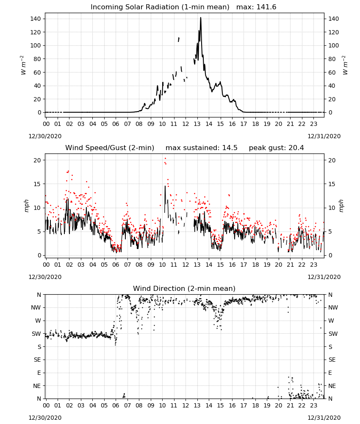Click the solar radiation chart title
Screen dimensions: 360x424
[x=183, y=7]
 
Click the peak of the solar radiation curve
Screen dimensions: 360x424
[x=201, y=18]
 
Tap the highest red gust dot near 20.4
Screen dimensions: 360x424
[x=165, y=159]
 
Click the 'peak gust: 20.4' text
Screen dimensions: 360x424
[x=276, y=148]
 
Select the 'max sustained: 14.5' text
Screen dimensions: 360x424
[x=202, y=148]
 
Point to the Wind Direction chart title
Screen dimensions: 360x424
[x=184, y=288]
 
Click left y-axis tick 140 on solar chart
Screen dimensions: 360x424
[x=36, y=19]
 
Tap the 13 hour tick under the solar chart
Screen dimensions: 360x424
[x=197, y=124]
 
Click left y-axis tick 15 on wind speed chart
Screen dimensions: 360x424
[x=37, y=184]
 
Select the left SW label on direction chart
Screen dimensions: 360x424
[x=36, y=334]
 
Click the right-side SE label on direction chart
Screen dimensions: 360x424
[x=332, y=360]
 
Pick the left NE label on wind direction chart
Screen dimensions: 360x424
[x=37, y=386]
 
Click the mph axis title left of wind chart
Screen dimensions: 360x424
[x=26, y=206]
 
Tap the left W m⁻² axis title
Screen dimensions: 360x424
[x=23, y=65]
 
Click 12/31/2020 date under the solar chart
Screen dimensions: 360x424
[x=324, y=136]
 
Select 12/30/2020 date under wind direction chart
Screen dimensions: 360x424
[x=45, y=418]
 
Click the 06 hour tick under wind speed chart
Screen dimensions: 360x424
[x=116, y=265]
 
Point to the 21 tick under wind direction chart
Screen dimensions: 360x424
[x=290, y=405]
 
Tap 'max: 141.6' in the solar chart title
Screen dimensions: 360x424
[x=256, y=7]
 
